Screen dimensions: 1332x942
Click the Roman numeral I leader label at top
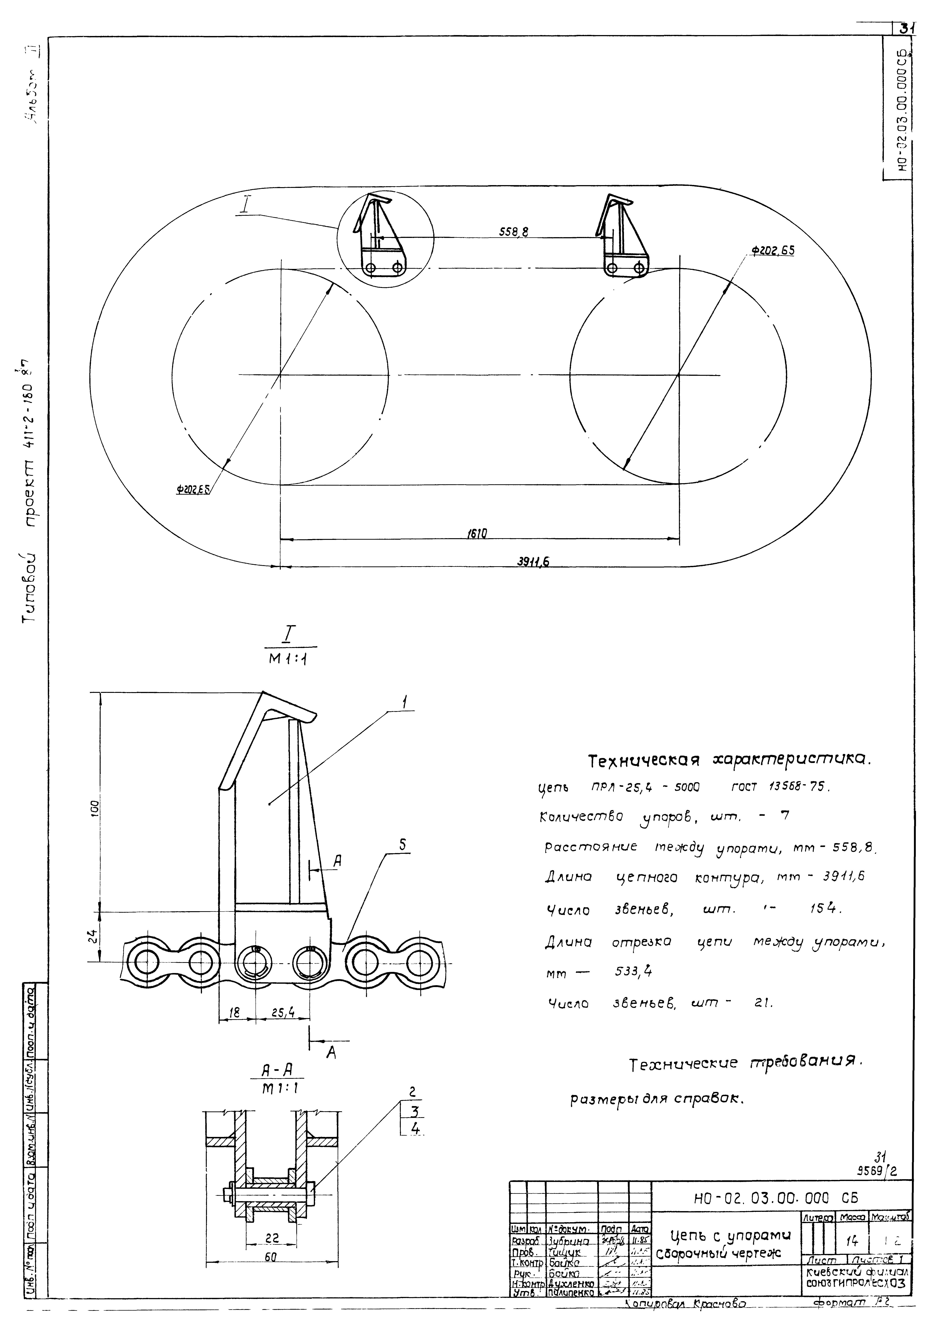click(x=246, y=205)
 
